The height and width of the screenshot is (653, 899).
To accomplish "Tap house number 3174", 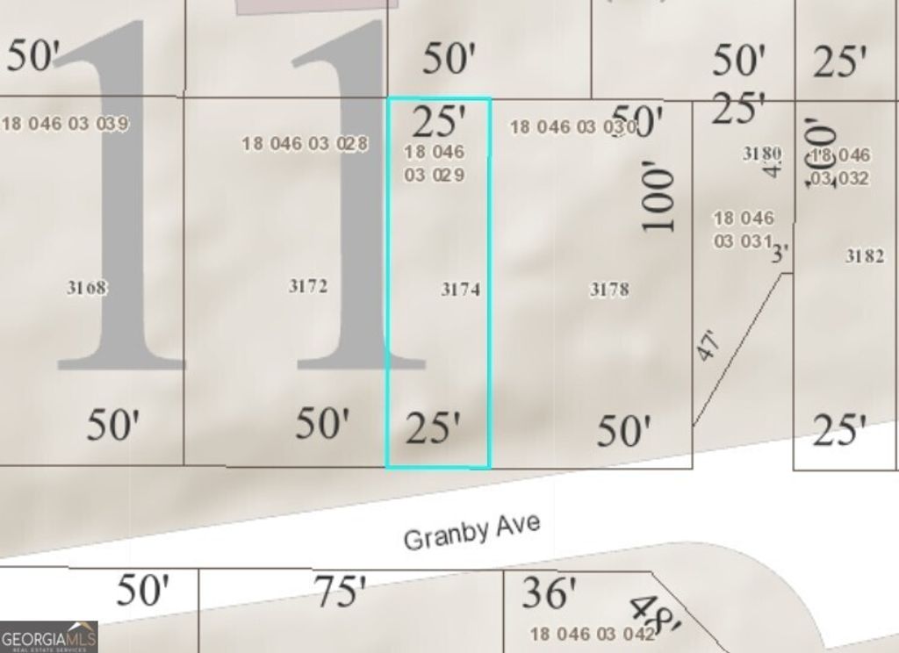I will pyautogui.click(x=461, y=289).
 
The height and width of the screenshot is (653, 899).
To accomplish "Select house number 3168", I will pyautogui.click(x=86, y=287).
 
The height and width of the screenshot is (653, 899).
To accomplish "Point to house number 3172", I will pyautogui.click(x=308, y=286).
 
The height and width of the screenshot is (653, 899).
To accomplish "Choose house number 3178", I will pyautogui.click(x=608, y=289).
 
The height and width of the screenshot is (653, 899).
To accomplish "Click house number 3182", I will pyautogui.click(x=865, y=256).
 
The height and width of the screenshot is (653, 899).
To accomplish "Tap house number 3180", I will pyautogui.click(x=761, y=154).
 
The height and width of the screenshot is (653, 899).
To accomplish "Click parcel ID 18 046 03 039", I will pyautogui.click(x=65, y=124).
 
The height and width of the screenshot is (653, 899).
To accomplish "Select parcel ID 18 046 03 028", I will pyautogui.click(x=305, y=143).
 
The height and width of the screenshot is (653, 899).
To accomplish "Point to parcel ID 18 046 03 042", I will pyautogui.click(x=593, y=634).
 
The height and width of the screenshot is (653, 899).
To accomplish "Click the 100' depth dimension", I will pyautogui.click(x=660, y=201).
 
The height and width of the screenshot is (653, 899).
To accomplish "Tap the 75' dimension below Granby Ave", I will pyautogui.click(x=340, y=592).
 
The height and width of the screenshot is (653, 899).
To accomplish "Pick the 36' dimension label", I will pyautogui.click(x=549, y=593).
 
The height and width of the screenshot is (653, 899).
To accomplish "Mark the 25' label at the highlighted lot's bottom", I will pyautogui.click(x=433, y=428).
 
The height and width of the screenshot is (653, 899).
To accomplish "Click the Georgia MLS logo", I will pyautogui.click(x=48, y=637).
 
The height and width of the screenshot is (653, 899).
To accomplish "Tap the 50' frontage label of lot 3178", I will pyautogui.click(x=624, y=431).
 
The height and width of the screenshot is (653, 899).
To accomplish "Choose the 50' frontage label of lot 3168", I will pyautogui.click(x=113, y=425).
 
